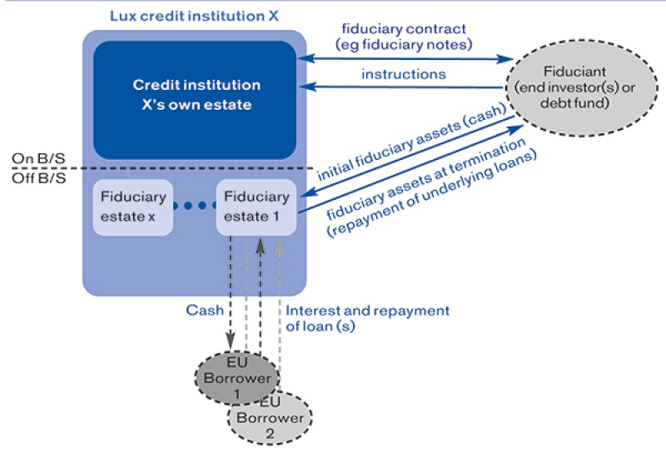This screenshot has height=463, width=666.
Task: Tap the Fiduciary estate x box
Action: [133, 208]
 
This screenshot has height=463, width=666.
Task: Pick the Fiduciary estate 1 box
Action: [256, 208]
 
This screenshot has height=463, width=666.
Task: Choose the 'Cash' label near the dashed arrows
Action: [203, 311]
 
